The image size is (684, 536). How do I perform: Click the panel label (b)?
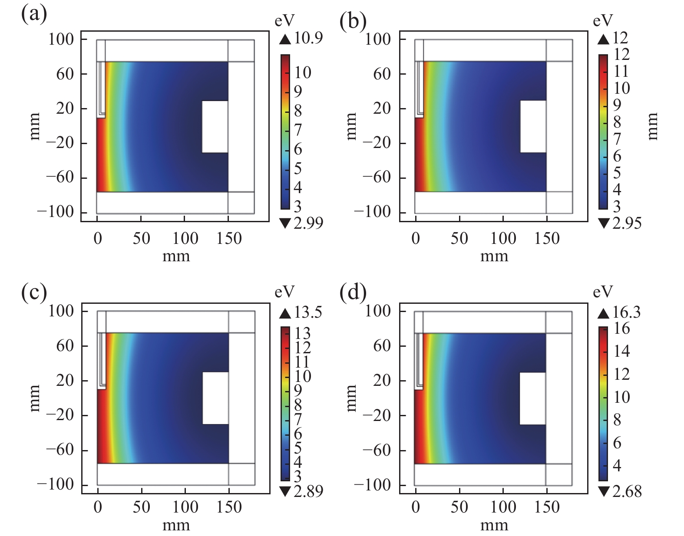[x=353, y=20]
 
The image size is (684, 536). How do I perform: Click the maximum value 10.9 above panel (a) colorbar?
[x=308, y=38]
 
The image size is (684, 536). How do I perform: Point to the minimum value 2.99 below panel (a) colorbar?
[x=308, y=223]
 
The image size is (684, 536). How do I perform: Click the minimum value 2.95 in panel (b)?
[x=626, y=223]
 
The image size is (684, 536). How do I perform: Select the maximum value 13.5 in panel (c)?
[x=308, y=312]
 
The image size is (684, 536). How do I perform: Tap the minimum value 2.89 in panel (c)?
[x=308, y=491]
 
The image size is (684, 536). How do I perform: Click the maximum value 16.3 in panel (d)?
[x=626, y=312]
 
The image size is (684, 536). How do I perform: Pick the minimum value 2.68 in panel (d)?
[x=626, y=491]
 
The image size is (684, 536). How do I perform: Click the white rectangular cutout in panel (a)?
[x=215, y=126]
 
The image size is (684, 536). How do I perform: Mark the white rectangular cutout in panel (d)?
[x=532, y=398]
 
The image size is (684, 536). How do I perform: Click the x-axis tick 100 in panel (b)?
[x=503, y=238]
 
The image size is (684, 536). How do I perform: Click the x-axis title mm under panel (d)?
[x=494, y=526]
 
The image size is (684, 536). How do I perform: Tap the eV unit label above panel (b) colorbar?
[x=603, y=20]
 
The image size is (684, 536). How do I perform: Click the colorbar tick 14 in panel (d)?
[x=622, y=351]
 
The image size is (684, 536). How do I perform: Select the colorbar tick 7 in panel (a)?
[x=298, y=130]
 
